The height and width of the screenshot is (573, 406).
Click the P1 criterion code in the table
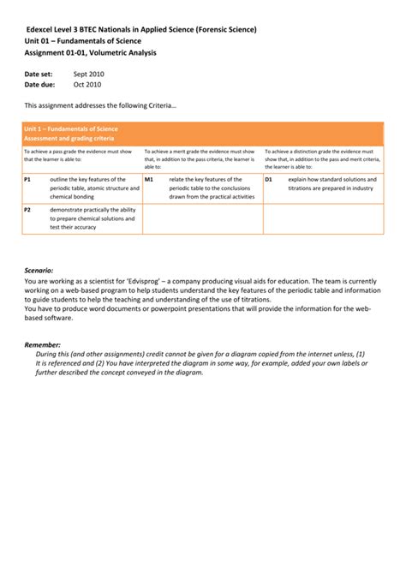click(28, 179)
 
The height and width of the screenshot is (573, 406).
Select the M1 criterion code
click(149, 179)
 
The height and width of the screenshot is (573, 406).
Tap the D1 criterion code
click(269, 179)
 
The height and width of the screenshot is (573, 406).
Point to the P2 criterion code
click(28, 209)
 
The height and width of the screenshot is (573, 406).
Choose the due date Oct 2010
click(87, 85)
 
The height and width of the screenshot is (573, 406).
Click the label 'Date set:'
click(39, 75)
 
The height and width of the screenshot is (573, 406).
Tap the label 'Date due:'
click(39, 85)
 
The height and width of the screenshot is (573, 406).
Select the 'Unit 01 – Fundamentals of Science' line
click(82, 41)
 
